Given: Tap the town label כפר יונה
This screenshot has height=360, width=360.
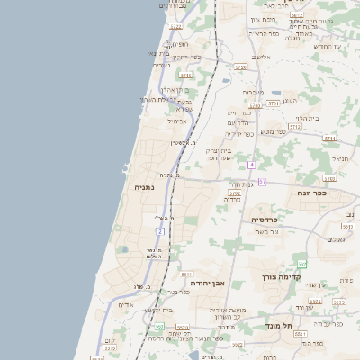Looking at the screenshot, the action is pyautogui.click(x=310, y=193).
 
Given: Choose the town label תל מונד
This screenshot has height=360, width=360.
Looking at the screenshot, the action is pyautogui.click(x=276, y=324).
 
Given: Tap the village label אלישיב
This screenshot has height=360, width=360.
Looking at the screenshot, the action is pyautogui.click(x=261, y=57).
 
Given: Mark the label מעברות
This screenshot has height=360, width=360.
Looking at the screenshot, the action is pyautogui.click(x=253, y=92).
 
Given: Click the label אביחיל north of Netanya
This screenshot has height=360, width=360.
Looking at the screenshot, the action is pyautogui.click(x=176, y=120).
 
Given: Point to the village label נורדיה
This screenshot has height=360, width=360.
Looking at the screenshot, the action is pyautogui.click(x=231, y=199).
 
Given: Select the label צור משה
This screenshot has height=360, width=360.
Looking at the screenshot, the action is pyautogui.click(x=268, y=232).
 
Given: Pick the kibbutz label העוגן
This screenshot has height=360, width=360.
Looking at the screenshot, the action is pyautogui.click(x=289, y=101).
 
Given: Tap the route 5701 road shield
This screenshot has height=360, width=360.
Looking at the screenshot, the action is pyautogui.click(x=272, y=105).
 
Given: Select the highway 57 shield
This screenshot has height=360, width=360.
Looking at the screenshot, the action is pyautogui.click(x=262, y=182).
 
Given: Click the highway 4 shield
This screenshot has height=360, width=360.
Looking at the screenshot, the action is pyautogui.click(x=253, y=166).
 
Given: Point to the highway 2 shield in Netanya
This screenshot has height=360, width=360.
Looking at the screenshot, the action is pyautogui.click(x=160, y=232).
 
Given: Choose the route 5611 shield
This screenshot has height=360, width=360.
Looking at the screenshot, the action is pyautogui.click(x=186, y=274).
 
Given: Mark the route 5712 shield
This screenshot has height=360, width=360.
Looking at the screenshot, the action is pyautogui.click(x=294, y=127).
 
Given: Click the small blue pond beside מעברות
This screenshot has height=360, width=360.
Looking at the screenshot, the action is pyautogui.click(x=274, y=93).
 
